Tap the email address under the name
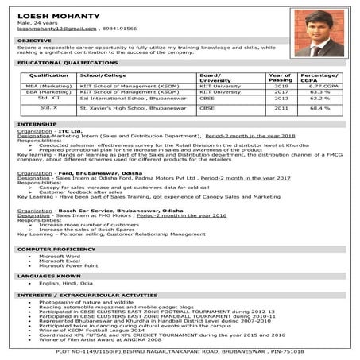point(50,28)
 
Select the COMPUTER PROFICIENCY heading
point(52,250)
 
